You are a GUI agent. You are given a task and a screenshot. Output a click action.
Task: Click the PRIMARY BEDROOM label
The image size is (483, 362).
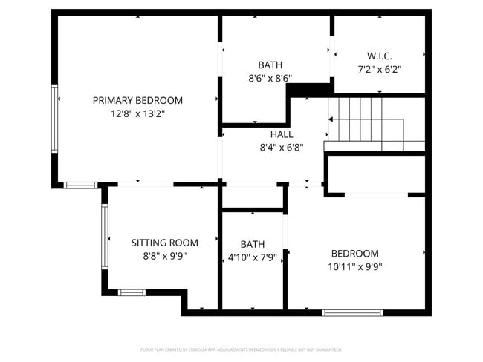[x=137, y=100]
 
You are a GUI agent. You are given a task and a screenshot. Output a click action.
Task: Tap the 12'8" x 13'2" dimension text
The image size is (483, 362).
[x=137, y=114]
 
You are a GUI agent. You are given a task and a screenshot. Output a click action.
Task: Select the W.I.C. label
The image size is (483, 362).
[x=380, y=56]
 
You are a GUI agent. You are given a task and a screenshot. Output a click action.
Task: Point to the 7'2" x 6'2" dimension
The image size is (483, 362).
[x=380, y=70]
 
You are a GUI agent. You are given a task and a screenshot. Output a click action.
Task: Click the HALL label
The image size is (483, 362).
[x=282, y=134]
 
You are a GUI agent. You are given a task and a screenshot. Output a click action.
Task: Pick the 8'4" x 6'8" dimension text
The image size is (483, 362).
[x=282, y=148]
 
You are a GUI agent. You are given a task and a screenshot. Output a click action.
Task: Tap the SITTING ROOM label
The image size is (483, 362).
[x=165, y=243]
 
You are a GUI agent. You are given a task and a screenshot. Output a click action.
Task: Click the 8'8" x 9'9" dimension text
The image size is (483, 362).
[x=165, y=256]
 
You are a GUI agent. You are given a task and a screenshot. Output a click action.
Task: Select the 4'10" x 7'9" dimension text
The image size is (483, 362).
[x=253, y=257]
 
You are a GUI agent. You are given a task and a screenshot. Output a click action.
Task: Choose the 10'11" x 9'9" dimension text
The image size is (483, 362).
[x=355, y=266]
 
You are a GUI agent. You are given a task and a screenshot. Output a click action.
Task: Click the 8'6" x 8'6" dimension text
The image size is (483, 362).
[x=270, y=77]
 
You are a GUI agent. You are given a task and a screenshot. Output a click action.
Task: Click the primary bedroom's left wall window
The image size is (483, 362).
[x=54, y=119]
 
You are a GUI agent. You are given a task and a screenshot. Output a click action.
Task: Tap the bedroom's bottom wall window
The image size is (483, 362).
[x=351, y=312]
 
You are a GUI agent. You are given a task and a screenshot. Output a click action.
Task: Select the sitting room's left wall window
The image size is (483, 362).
[x=105, y=236]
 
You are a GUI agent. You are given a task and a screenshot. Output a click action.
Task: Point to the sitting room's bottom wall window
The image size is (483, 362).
[x=132, y=292]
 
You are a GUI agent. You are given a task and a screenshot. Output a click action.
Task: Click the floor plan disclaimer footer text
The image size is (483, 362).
[x=241, y=349]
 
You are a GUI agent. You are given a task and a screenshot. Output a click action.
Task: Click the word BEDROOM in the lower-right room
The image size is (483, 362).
[x=355, y=253]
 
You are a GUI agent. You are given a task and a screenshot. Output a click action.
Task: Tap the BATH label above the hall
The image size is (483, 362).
[x=270, y=65]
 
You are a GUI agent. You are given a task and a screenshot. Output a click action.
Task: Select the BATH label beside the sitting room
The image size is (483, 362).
[x=253, y=244]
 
